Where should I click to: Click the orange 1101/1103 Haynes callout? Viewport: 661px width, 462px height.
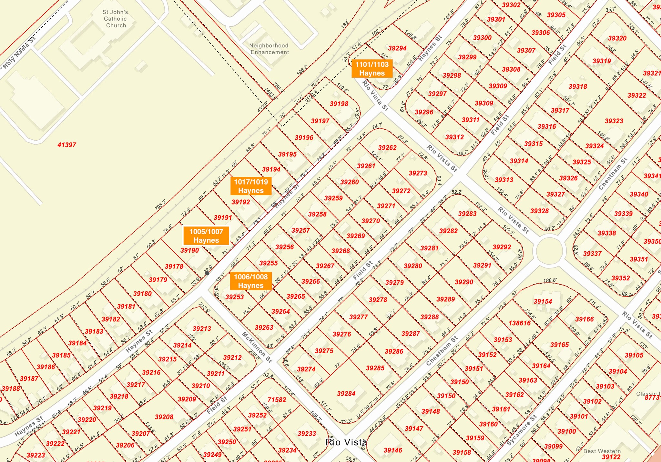point(372,69)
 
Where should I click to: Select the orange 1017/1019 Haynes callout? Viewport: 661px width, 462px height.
point(251,186)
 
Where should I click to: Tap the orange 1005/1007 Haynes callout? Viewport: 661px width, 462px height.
point(206,236)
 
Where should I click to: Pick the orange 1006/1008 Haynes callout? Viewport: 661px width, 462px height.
point(251,281)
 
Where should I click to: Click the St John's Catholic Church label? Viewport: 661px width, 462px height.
point(115,19)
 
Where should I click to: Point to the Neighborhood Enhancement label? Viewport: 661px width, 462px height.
point(269,49)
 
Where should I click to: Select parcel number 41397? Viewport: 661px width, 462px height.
point(67,145)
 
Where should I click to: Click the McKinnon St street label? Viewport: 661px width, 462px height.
point(257,347)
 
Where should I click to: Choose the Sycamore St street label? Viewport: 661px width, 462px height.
point(522,430)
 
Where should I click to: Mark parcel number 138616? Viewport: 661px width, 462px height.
point(520,323)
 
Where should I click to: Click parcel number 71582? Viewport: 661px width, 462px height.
point(277,400)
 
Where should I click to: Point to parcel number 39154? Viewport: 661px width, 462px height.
point(543,301)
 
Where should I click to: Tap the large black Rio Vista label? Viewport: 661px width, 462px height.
point(346,442)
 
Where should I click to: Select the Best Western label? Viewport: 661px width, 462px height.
point(602,451)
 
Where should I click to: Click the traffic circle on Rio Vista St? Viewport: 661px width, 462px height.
point(549,251)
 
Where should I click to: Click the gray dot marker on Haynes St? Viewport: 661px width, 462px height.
point(207,273)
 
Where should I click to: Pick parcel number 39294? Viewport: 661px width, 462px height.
point(397,48)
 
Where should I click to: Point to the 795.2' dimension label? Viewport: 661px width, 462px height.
point(160,206)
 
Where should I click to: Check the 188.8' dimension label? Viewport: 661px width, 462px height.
point(550,280)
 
